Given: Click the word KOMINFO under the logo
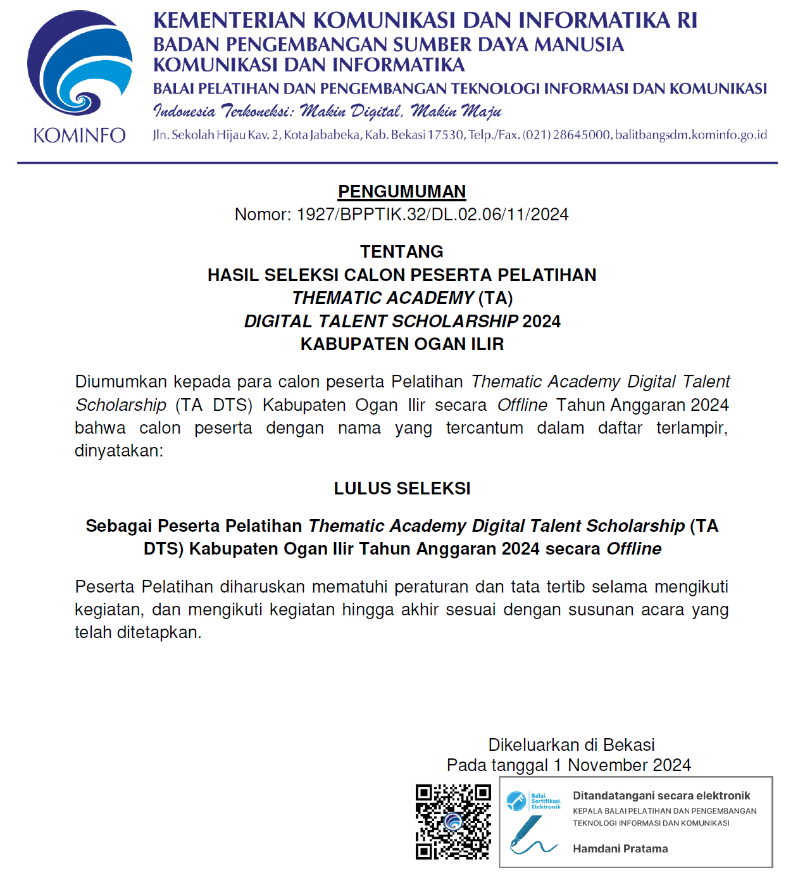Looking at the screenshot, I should point(79,135).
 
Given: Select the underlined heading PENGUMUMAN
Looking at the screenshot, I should point(402,191).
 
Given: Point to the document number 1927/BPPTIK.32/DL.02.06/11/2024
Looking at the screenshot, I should point(432,215).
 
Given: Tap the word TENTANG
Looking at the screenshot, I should point(402,251).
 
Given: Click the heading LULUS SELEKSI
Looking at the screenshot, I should point(402,488).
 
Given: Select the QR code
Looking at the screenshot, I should point(453,822).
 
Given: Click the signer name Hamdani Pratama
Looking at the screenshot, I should point(620,848).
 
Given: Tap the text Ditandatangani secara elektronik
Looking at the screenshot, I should point(661,796).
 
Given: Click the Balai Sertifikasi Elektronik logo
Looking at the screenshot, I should point(533,801).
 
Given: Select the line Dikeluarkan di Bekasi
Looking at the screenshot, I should point(571,744).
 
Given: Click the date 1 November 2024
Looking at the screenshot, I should point(622,765).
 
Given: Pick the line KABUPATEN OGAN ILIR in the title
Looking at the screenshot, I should point(402,344).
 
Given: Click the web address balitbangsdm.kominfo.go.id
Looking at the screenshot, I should point(691,135).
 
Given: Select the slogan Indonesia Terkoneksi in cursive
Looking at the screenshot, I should point(224,112).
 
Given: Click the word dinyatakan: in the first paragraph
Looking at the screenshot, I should point(119,451).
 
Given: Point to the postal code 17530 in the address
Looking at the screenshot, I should point(446,135).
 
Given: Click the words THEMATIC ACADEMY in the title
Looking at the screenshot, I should point(383,298).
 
